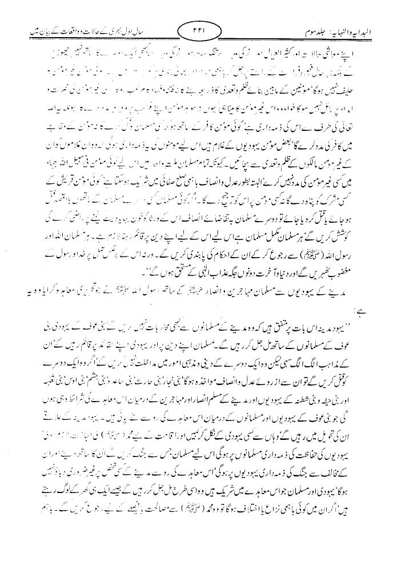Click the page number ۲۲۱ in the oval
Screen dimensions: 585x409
tap(204, 29)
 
